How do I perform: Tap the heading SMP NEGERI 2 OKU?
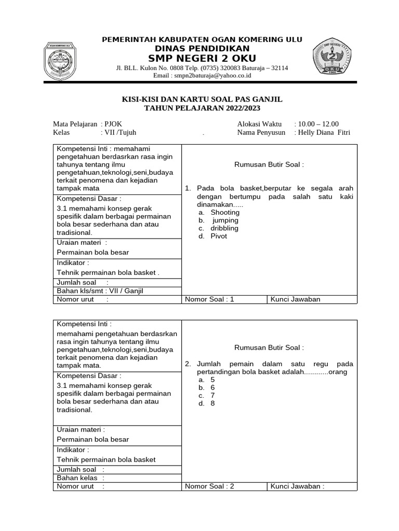click(202, 58)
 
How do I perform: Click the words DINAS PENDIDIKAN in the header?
click(202, 48)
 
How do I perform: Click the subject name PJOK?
click(114, 124)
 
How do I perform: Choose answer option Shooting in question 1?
click(225, 212)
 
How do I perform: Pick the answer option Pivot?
click(219, 236)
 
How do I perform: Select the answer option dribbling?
click(224, 228)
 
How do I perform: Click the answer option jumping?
click(225, 220)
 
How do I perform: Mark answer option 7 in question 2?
click(212, 396)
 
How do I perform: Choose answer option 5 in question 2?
click(212, 380)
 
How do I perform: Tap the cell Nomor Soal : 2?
click(209, 486)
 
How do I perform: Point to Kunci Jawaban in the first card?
click(296, 299)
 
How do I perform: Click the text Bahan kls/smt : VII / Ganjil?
click(99, 291)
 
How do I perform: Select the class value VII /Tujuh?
click(120, 132)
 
